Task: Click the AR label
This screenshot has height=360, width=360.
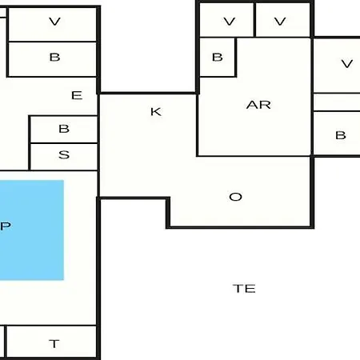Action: (x=258, y=105)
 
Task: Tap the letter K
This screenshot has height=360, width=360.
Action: (x=156, y=112)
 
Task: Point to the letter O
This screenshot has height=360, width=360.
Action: (x=235, y=197)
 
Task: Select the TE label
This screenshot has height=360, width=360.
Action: (x=244, y=289)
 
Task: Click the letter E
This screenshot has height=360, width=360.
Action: (x=77, y=95)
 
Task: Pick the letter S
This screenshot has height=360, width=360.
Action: (x=64, y=155)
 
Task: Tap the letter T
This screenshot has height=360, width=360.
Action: (x=54, y=344)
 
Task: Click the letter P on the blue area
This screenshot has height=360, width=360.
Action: (x=6, y=226)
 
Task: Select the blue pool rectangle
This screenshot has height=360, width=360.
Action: (x=32, y=230)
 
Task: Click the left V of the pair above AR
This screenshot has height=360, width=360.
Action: (x=230, y=22)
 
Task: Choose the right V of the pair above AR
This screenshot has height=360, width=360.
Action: (x=280, y=22)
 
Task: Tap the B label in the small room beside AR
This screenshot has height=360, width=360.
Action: (x=218, y=58)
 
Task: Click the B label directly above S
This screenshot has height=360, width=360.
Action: (x=64, y=129)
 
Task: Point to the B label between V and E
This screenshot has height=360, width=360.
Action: (x=54, y=58)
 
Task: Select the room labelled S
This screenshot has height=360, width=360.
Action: (x=64, y=157)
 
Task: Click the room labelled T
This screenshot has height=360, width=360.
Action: (x=51, y=342)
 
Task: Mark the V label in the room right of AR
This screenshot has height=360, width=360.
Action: (x=347, y=64)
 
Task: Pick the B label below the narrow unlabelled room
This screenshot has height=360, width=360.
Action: (x=341, y=135)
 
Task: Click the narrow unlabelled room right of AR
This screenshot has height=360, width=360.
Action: (x=337, y=102)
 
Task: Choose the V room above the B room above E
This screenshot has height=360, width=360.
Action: (x=53, y=24)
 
